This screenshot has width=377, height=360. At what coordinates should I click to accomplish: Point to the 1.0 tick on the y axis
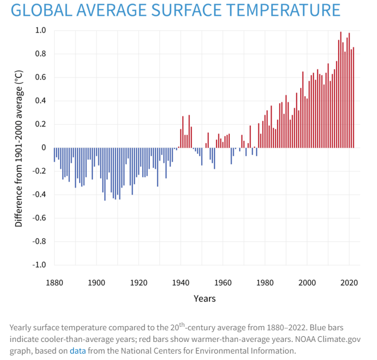(40, 30)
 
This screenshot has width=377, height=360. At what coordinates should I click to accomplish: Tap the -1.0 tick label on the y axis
(38, 264)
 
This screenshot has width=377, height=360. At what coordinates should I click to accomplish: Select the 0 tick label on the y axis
(43, 147)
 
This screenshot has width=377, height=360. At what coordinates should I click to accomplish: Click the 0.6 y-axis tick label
(40, 77)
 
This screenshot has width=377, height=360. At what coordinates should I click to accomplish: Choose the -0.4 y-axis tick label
(38, 195)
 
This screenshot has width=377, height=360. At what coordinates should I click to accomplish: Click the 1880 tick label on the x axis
(54, 283)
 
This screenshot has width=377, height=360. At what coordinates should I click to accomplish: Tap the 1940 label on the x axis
(180, 283)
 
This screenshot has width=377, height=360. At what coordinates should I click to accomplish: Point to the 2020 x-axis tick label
(349, 283)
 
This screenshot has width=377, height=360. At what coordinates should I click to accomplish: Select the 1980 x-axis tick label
(265, 283)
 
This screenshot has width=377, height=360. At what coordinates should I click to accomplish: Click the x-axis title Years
(204, 299)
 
